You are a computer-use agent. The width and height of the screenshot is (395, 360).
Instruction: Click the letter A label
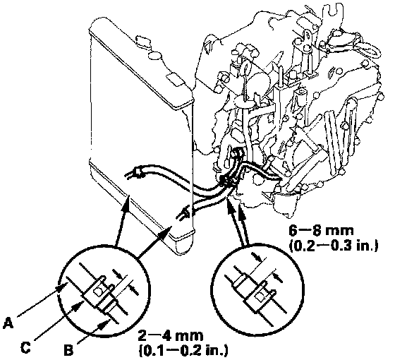pos(8,323)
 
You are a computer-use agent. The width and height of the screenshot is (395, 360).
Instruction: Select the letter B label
pos(68,349)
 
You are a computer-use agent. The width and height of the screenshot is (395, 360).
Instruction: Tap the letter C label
pos(25,347)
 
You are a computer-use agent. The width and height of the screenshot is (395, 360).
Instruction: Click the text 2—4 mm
pos(171,336)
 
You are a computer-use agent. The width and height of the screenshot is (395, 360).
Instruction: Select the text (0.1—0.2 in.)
pos(183,350)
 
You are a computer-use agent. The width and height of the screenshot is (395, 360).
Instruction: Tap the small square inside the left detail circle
pos(97,291)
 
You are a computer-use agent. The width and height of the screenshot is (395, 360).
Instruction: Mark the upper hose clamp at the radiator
pos(138,172)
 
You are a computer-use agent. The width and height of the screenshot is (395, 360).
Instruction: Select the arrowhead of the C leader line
pos(78,305)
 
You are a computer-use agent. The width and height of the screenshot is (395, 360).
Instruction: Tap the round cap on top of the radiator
pos(154,55)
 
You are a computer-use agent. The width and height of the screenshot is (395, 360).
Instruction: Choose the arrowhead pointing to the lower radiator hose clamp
pos(167,230)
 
